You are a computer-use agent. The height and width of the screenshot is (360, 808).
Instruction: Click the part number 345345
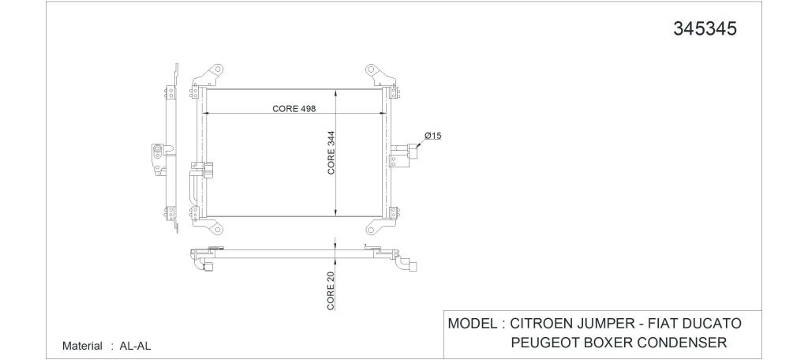(x=705, y=29)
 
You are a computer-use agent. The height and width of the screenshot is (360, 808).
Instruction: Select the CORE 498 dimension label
(x=294, y=108)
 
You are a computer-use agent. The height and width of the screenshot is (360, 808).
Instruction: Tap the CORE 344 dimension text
(x=331, y=152)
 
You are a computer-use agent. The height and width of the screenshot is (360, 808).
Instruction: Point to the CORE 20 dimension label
(x=331, y=291)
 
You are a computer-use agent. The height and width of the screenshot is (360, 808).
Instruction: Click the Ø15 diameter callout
(x=433, y=136)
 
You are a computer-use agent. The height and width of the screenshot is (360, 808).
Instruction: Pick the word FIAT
(x=662, y=324)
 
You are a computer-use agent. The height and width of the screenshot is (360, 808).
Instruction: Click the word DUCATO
(x=712, y=324)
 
